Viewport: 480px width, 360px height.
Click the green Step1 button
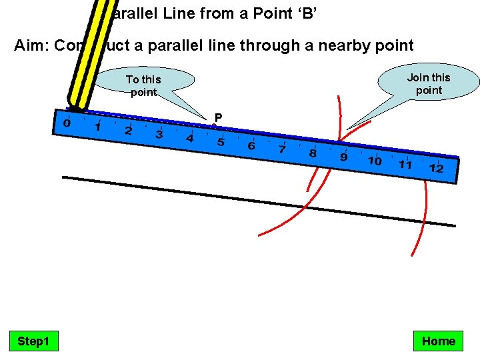(x=33, y=341)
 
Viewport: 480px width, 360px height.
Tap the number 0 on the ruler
(x=67, y=123)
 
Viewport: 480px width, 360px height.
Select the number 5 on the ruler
(x=221, y=143)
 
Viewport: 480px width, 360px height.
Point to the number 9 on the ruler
(x=343, y=157)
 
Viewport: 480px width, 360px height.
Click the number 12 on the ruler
(x=436, y=168)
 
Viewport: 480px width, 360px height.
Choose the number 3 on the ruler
(x=159, y=135)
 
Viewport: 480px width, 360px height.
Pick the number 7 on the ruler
(x=282, y=150)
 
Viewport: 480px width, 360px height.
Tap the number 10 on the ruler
(x=375, y=161)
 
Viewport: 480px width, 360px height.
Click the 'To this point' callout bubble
(x=144, y=85)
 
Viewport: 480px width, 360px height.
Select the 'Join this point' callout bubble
(x=429, y=83)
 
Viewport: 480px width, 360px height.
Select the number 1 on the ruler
(x=97, y=127)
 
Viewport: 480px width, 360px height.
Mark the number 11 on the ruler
(x=405, y=164)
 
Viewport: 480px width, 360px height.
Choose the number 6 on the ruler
(x=251, y=146)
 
